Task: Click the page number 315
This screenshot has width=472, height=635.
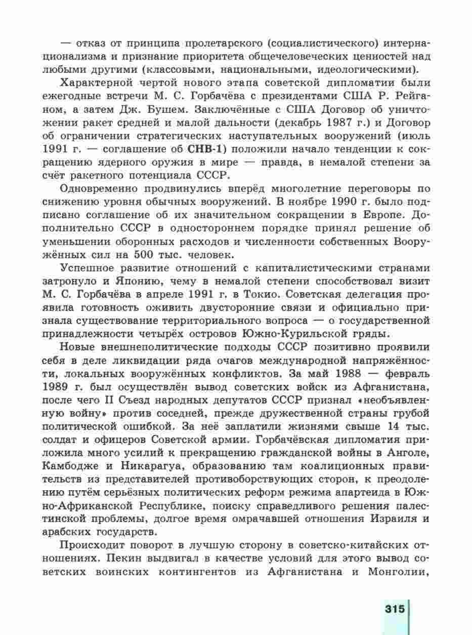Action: tap(394, 608)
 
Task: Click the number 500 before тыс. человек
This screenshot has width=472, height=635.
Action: tap(147, 253)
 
